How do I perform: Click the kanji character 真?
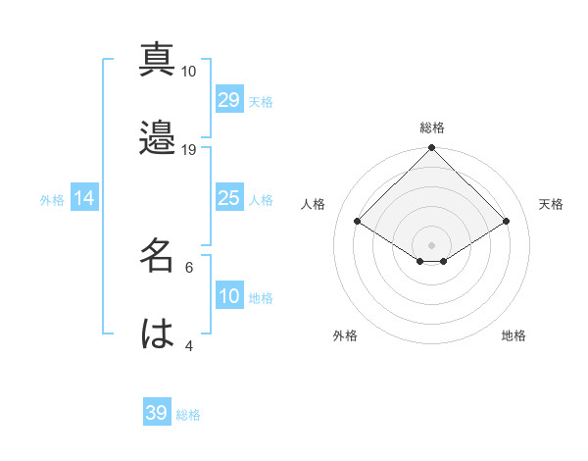(x=157, y=59)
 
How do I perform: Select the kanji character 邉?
(x=157, y=137)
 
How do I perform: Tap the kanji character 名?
(x=157, y=255)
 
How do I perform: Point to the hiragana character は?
(x=157, y=333)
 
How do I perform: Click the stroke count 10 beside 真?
(x=188, y=72)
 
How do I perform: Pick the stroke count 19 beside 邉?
(x=188, y=150)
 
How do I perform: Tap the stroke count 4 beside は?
(x=188, y=345)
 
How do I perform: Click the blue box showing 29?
(x=229, y=100)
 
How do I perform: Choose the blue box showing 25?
(x=229, y=198)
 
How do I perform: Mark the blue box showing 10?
(x=229, y=296)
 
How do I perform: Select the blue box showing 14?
(x=84, y=198)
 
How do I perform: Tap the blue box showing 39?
(x=157, y=413)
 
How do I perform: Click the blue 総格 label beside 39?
(x=188, y=415)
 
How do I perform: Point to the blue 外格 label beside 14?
(x=52, y=200)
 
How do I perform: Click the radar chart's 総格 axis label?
(x=432, y=128)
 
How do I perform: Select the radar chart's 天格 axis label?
(x=552, y=204)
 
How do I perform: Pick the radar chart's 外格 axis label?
(x=345, y=336)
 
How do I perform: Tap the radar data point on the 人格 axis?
(x=358, y=222)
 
